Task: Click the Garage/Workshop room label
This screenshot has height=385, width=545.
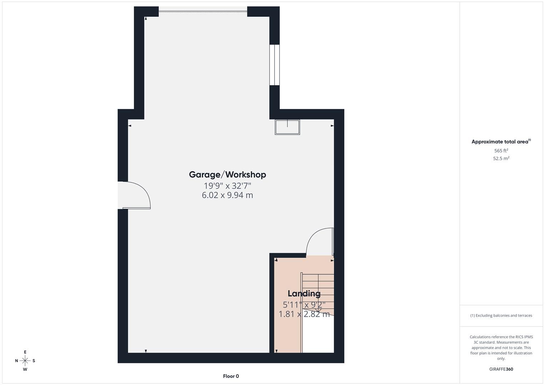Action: [x=227, y=175]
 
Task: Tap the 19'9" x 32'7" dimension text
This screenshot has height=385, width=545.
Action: [x=227, y=186]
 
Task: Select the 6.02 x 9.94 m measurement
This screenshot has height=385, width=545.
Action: [x=227, y=195]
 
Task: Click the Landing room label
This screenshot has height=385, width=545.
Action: [x=304, y=294]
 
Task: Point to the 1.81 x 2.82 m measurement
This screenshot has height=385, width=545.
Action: [x=304, y=314]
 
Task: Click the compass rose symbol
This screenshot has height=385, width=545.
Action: [x=25, y=361]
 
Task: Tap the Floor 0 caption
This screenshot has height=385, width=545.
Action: [x=231, y=376]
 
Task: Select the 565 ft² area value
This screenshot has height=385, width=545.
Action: [x=501, y=151]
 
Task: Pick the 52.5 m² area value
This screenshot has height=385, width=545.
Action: [x=501, y=159]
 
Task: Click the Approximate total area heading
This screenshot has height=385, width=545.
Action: [x=500, y=142]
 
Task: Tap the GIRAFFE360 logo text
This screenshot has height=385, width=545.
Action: [x=501, y=369]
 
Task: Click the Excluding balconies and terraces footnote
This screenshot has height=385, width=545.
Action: [x=501, y=315]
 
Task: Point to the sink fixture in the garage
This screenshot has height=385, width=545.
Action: [x=287, y=127]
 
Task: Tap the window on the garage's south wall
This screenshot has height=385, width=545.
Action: [x=274, y=65]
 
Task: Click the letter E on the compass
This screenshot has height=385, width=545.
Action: [x=25, y=352]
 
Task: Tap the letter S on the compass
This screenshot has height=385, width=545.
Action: [x=34, y=361]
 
